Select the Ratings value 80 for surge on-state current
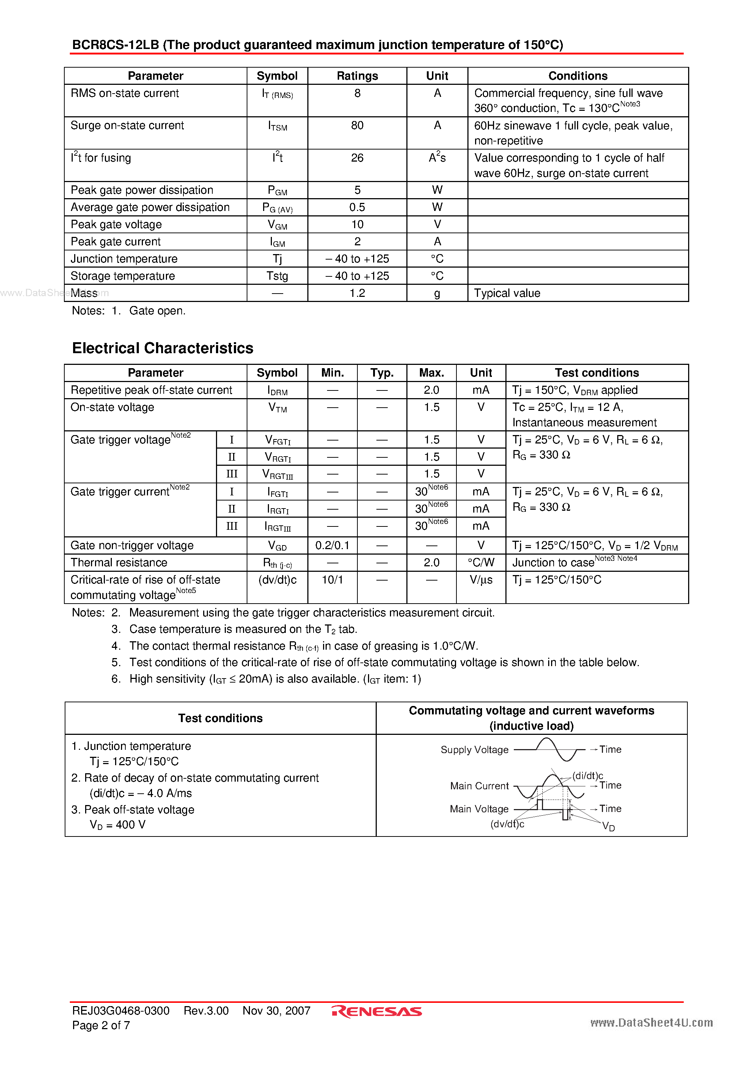(x=357, y=126)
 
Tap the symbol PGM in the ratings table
(x=277, y=190)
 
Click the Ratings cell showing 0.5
(x=357, y=207)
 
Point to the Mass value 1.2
(x=357, y=293)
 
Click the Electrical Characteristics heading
(x=163, y=348)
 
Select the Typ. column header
(x=382, y=373)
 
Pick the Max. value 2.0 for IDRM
(x=431, y=390)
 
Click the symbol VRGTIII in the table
(x=277, y=475)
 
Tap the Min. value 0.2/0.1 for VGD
(x=332, y=545)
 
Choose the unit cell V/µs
(x=481, y=580)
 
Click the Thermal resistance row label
(x=119, y=562)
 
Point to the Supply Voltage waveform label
(x=474, y=749)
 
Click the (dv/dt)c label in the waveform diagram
(x=507, y=824)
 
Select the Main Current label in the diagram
(x=479, y=786)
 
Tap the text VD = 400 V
(x=117, y=824)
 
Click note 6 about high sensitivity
(x=275, y=679)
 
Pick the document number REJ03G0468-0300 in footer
(x=121, y=1011)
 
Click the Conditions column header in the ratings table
(x=578, y=76)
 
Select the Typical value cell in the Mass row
(x=507, y=293)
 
